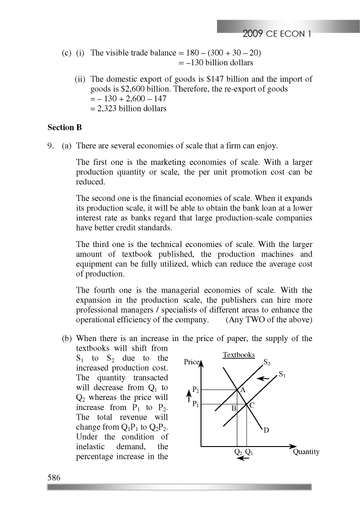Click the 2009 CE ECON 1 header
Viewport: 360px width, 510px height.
277,33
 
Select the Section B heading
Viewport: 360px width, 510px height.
64,128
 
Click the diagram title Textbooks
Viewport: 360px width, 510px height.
238,355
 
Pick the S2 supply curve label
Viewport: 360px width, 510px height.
267,363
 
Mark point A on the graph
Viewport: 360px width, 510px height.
243,390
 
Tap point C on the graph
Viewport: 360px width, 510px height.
252,405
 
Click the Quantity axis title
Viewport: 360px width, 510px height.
306,452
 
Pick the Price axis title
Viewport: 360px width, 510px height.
192,362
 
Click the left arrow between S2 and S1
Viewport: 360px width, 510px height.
263,378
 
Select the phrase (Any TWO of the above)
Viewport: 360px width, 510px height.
269,320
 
